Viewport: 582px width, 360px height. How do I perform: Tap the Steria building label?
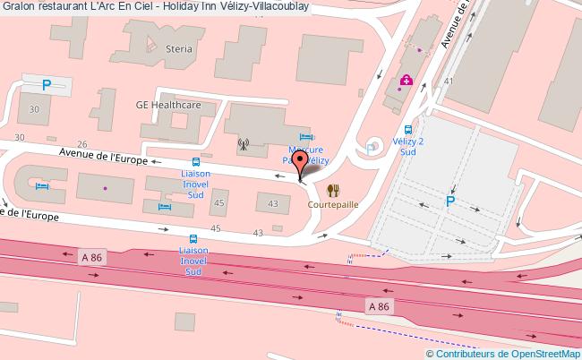point(178,48)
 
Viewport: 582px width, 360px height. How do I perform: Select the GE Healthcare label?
point(167,105)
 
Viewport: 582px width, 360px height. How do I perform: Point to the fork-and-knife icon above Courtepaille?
point(332,190)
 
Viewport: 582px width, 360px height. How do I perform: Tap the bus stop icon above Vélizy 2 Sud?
point(407,128)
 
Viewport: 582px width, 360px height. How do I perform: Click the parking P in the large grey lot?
point(450,201)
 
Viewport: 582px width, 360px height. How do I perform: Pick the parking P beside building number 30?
point(45,85)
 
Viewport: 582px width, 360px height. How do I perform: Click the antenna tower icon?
point(242,141)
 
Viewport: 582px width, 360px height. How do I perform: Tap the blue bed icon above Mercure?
point(304,136)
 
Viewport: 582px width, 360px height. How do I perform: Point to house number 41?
point(448,81)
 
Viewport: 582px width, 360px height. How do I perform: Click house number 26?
point(81,143)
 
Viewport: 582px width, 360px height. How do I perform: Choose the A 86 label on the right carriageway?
point(379,306)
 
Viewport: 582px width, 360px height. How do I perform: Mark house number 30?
point(35,109)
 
